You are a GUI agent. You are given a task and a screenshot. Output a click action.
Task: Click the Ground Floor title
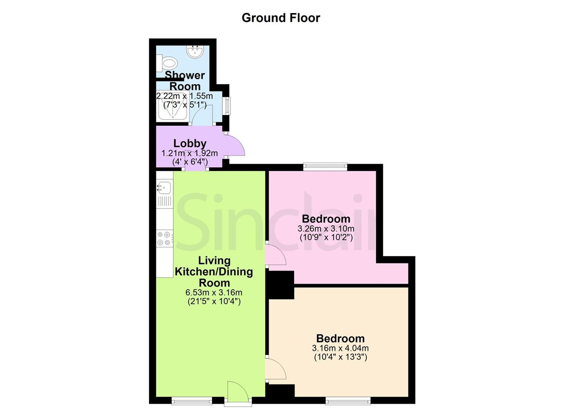click(x=281, y=18)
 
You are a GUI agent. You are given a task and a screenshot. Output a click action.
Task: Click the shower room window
click(x=226, y=106)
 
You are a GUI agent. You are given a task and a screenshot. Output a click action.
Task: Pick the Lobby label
click(x=190, y=143)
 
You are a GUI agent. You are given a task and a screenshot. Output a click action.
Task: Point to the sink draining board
click(x=165, y=201)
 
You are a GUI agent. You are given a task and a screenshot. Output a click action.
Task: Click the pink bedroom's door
click(x=276, y=254)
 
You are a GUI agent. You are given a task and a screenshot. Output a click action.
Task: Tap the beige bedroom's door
click(x=276, y=369)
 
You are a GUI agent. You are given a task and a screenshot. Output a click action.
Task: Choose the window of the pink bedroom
click(x=325, y=167)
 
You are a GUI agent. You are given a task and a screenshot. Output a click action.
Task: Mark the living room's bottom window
click(x=192, y=401)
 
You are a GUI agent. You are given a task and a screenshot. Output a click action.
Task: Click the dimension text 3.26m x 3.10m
click(x=326, y=228)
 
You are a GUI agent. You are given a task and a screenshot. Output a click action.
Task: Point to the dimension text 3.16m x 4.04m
click(x=340, y=348)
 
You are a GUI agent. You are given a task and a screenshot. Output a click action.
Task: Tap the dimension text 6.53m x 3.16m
click(x=214, y=292)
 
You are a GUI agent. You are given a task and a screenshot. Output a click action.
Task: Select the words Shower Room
click(x=185, y=81)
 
